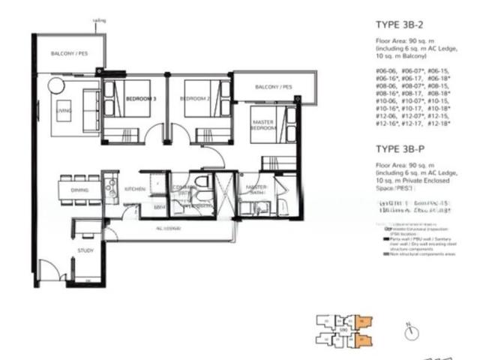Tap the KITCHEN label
click(x=134, y=190)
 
